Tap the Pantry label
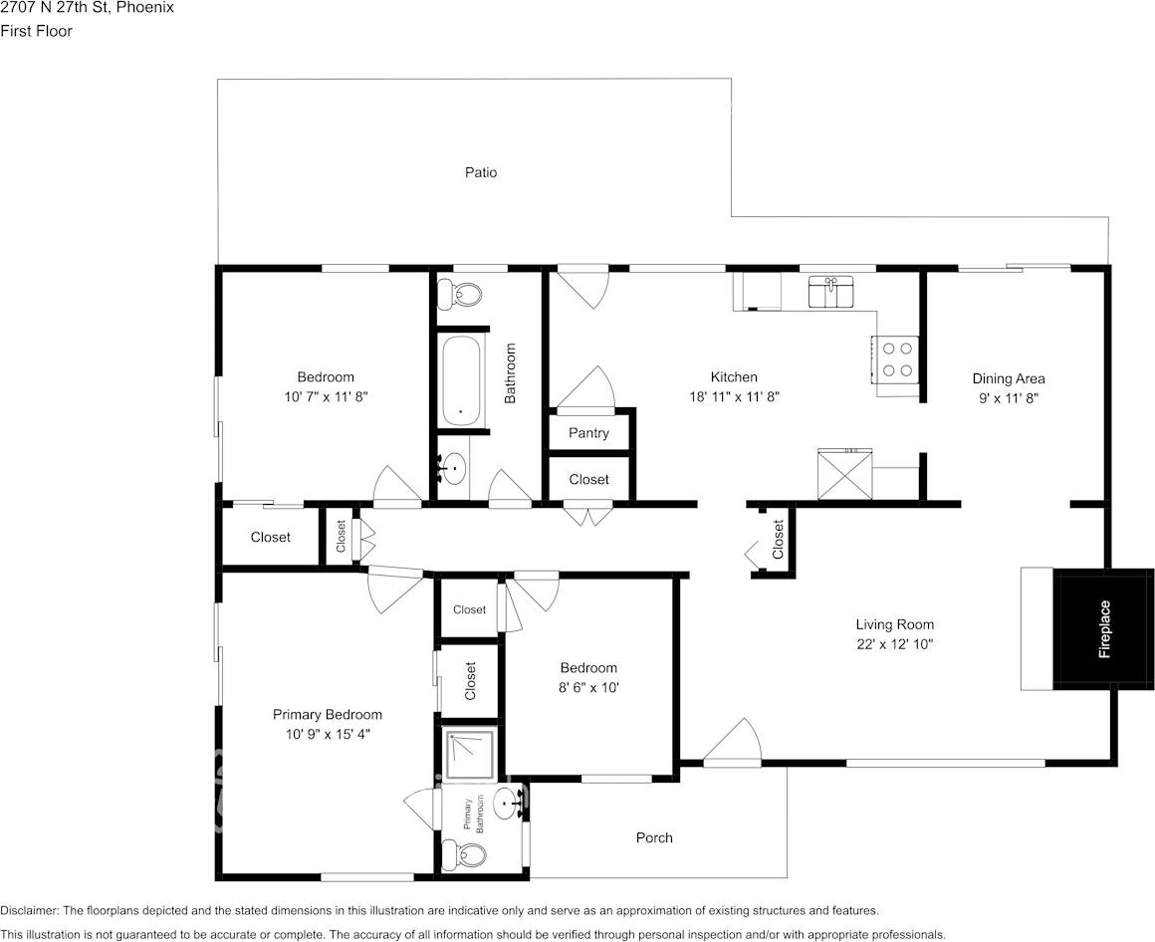(x=588, y=433)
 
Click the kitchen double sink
(x=831, y=294)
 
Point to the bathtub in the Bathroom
(x=461, y=381)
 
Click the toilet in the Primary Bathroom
(x=466, y=854)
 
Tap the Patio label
(x=481, y=172)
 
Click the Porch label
(x=654, y=837)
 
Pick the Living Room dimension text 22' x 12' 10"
(x=894, y=644)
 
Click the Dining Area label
(x=1008, y=378)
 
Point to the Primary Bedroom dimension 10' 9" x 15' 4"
(x=327, y=734)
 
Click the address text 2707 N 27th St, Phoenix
(x=87, y=8)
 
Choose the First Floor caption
(x=36, y=31)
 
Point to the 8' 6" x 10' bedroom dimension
(x=587, y=687)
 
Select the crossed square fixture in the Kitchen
(x=844, y=474)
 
